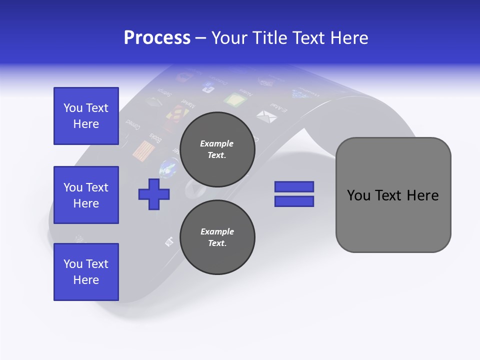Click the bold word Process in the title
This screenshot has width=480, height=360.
[x=157, y=37]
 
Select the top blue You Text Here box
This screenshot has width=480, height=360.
[x=86, y=116]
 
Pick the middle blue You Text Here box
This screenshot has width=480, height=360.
[x=86, y=195]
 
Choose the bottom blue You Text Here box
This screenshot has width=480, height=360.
[x=86, y=272]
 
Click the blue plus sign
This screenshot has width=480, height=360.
[x=154, y=193]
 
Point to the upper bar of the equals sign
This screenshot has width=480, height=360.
[x=294, y=187]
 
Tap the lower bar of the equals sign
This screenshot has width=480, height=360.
[x=294, y=201]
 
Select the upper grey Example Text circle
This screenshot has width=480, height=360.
[x=217, y=149]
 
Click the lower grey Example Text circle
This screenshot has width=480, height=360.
[x=217, y=237]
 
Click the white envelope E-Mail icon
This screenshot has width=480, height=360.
[x=266, y=116]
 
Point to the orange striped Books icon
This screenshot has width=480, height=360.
[x=144, y=149]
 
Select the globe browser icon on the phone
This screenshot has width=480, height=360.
[x=168, y=168]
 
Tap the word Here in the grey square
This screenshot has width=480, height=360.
[x=422, y=195]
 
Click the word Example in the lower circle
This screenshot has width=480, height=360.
[x=217, y=231]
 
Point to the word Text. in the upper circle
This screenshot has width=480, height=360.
[x=217, y=155]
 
